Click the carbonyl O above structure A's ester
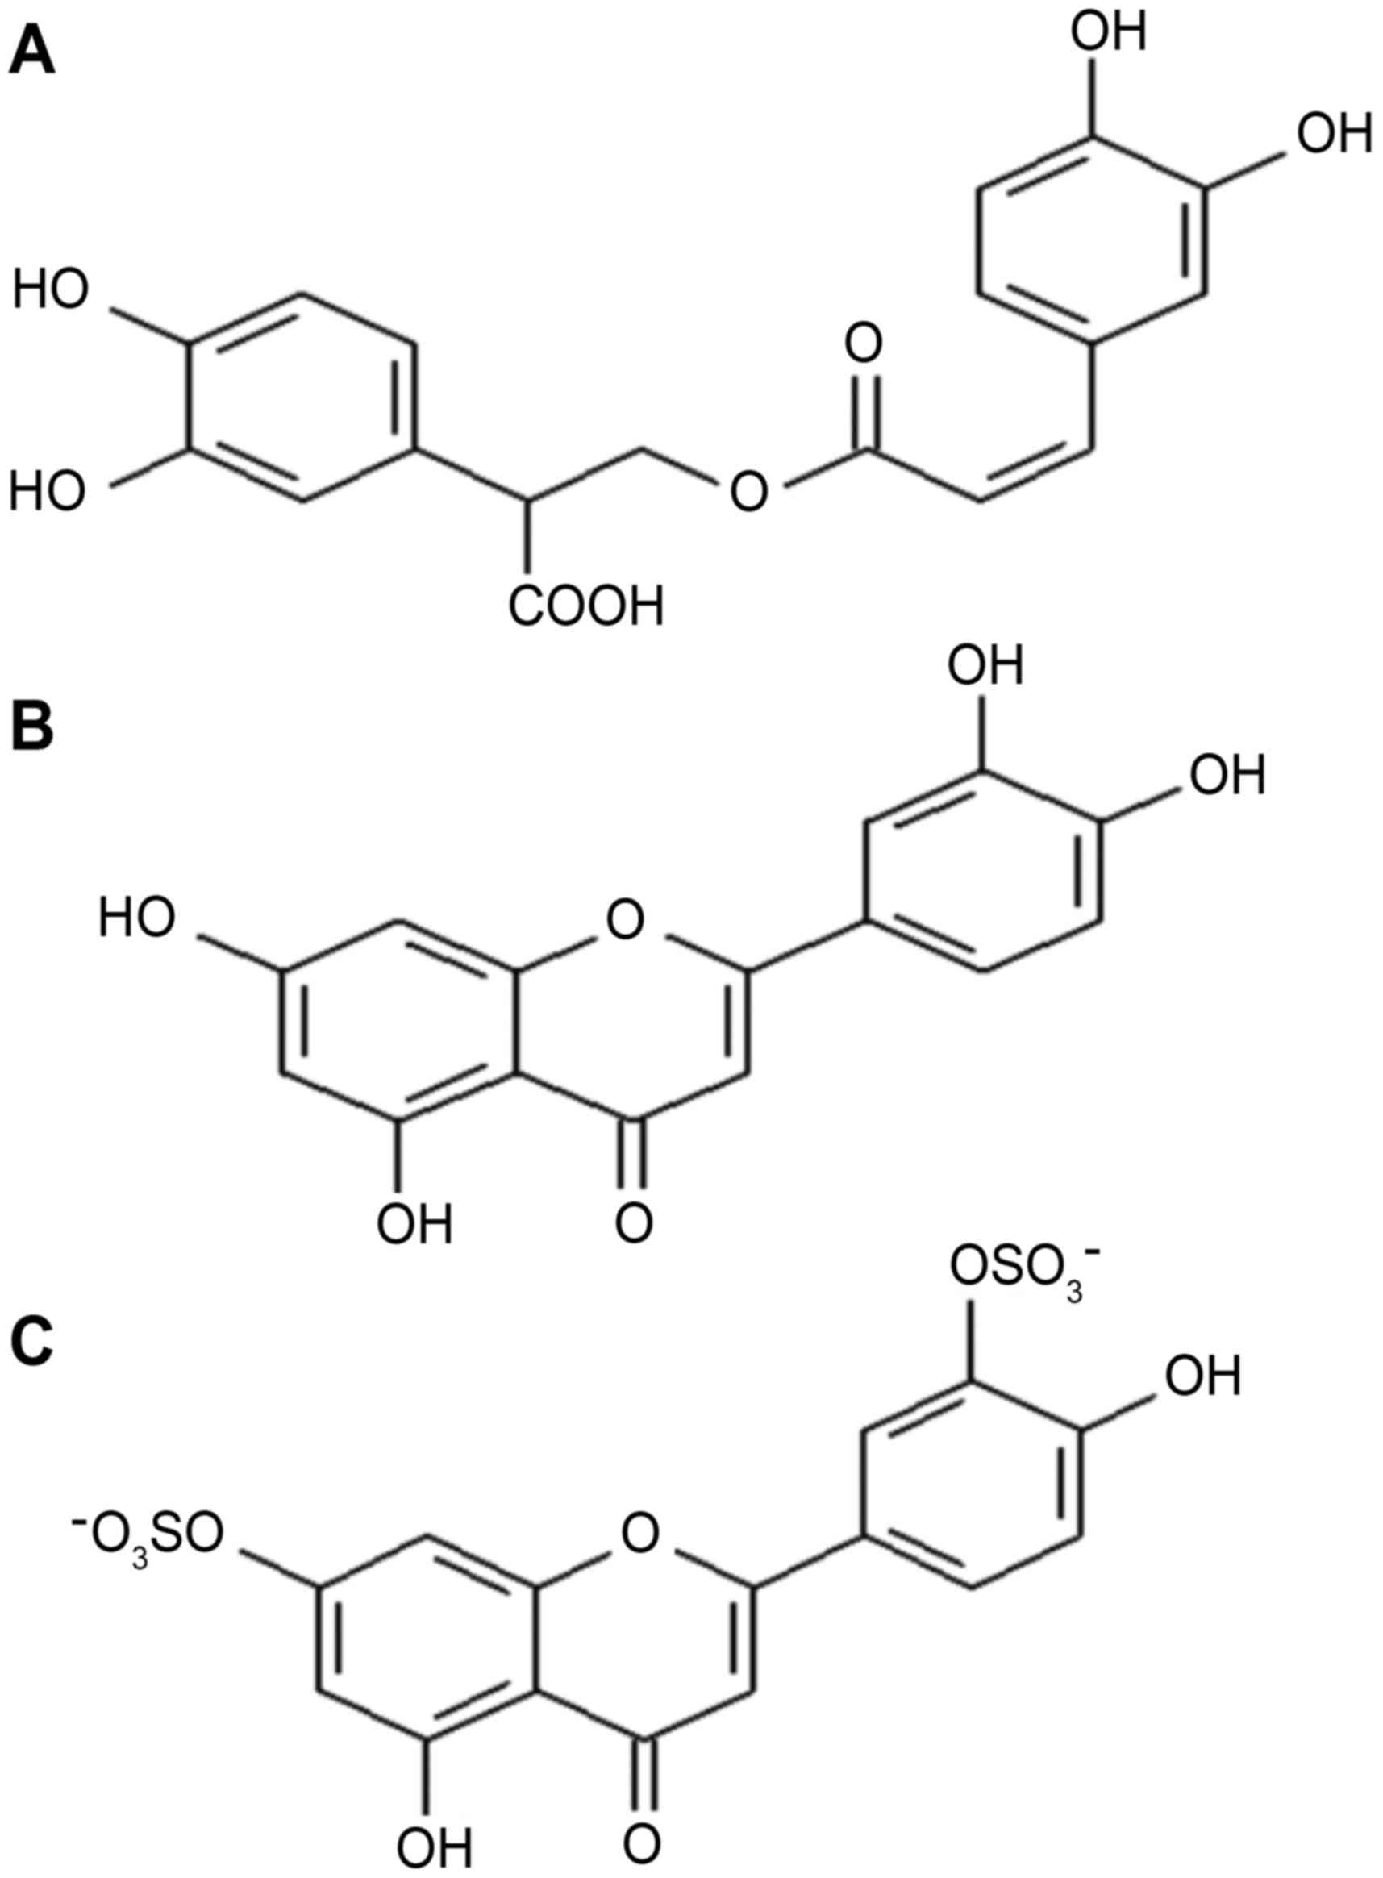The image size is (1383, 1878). pos(863,346)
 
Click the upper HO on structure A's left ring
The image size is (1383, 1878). pos(50,291)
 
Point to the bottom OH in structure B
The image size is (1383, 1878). pos(414,1224)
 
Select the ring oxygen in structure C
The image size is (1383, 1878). pos(640,1532)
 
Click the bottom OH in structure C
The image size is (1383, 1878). pos(435,1842)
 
